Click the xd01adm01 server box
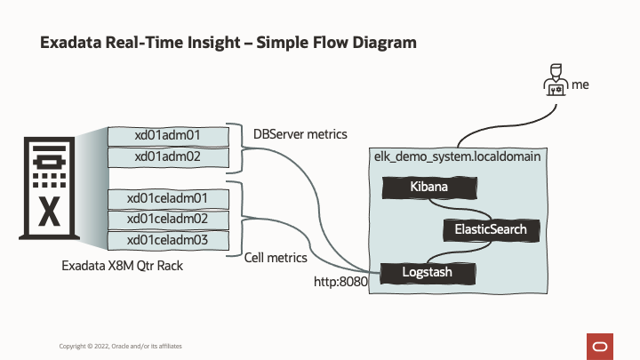pos(167,135)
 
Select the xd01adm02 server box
pos(167,156)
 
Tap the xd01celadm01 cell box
pos(167,198)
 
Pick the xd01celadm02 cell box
pos(167,219)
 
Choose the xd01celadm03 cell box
pos(167,240)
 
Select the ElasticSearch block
pos(491,229)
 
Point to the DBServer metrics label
pos(300,134)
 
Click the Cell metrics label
pos(276,258)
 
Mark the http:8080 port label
pos(341,282)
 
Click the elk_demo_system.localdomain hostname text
pos(459,156)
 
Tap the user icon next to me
pos(555,84)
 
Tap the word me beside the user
pos(580,85)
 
